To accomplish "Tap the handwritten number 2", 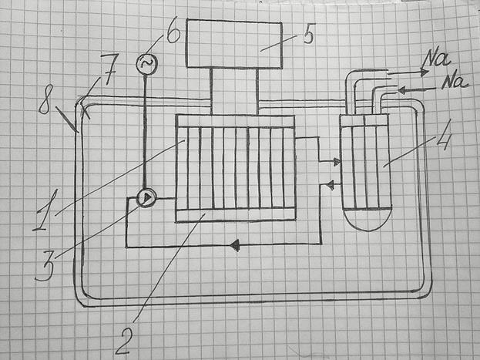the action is pos(124,337).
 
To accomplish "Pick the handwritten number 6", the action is pos(171,33).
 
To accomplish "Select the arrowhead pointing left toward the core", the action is pos(329,184).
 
